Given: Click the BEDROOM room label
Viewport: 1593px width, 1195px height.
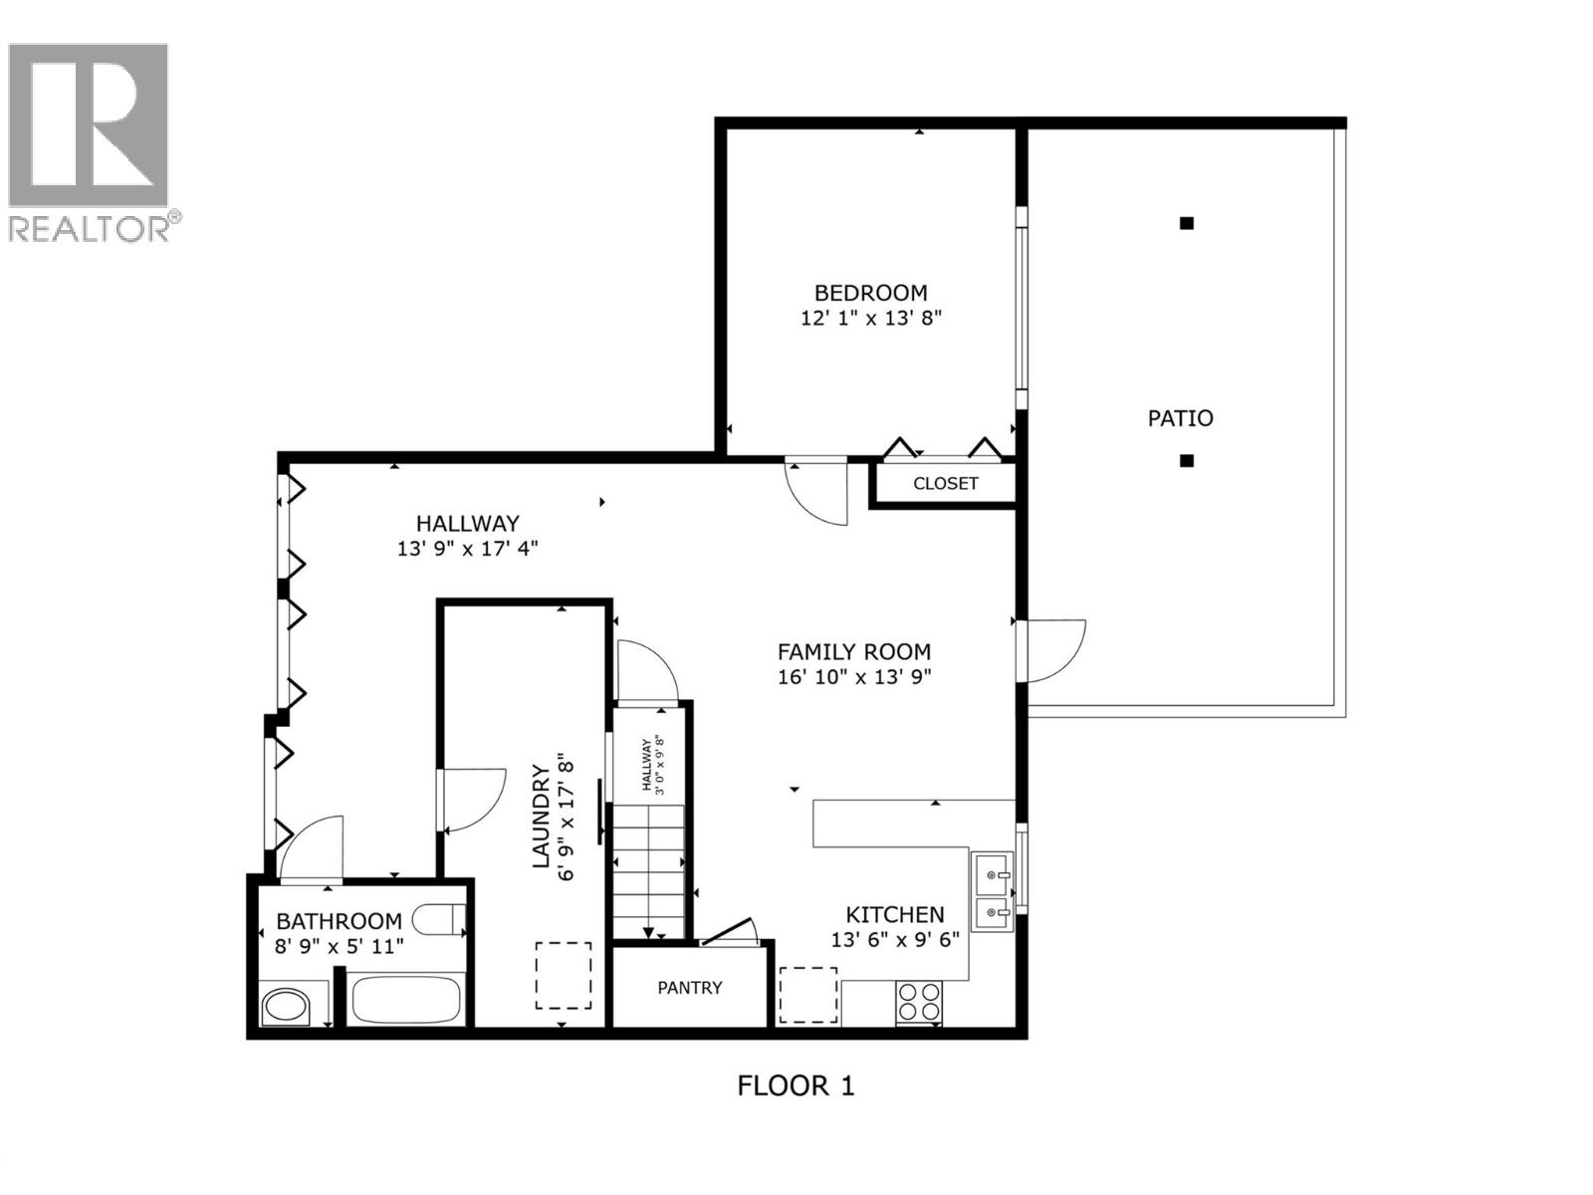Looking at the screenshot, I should [x=870, y=293].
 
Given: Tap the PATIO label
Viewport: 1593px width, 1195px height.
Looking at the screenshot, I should [x=1180, y=418].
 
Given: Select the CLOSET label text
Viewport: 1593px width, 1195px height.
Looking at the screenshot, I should [x=945, y=484].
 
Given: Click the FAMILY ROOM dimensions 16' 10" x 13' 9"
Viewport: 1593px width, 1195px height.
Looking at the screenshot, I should [x=854, y=678].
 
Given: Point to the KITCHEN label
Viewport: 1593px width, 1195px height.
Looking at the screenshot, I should [x=894, y=914].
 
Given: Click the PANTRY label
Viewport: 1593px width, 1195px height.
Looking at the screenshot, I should [x=689, y=988].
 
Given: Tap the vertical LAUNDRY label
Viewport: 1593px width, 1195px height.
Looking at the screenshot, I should [x=542, y=817].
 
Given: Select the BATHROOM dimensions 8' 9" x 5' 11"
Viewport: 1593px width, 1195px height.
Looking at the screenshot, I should [x=339, y=946].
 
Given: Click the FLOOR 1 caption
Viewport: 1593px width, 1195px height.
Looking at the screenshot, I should [x=796, y=1085].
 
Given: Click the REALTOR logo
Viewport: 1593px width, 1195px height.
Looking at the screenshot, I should [x=90, y=139].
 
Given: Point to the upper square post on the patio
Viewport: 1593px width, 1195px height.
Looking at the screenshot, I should [x=1186, y=224].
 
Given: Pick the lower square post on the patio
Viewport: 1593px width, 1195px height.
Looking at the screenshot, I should [x=1186, y=461].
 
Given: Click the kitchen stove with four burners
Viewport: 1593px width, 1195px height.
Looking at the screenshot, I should [x=919, y=1002].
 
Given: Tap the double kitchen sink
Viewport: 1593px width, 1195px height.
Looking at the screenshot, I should [x=992, y=892].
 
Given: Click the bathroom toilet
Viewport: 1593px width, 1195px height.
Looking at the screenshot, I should [x=439, y=919].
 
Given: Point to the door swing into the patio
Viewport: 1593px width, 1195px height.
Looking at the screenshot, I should [x=1053, y=650].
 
